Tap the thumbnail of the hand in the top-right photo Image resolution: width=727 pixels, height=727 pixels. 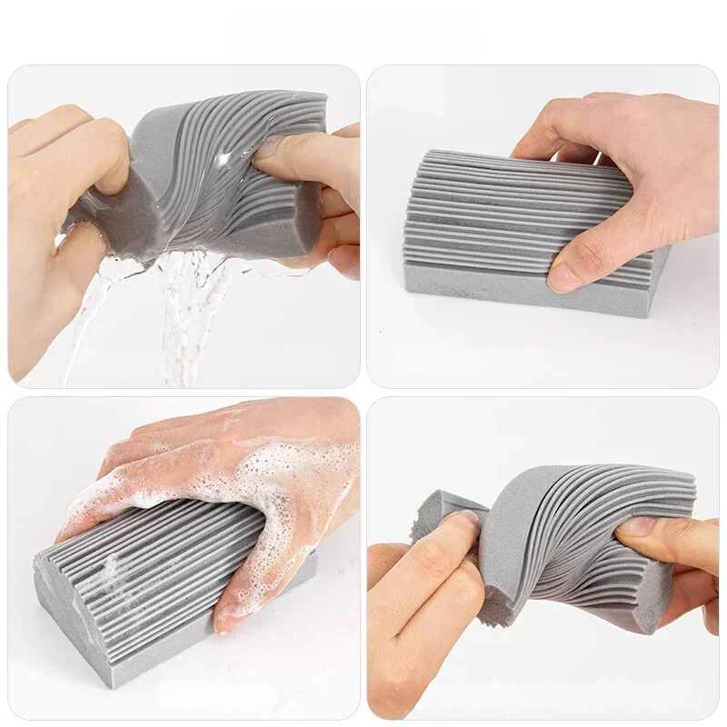click(565, 275)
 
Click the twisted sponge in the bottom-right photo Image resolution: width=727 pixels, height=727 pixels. click(582, 536)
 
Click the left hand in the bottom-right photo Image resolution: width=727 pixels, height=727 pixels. click(427, 618)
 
